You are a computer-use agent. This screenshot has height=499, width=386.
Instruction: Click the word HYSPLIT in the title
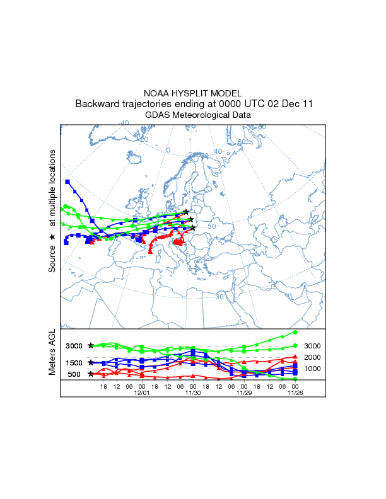pos(193,93)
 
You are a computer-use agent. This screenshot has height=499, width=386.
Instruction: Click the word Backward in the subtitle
pos(98,104)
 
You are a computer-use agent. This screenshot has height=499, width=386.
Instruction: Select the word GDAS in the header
pos(157,115)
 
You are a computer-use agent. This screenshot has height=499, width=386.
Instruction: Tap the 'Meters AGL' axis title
pos(53,353)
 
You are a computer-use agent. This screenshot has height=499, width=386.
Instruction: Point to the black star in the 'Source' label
pos(53,238)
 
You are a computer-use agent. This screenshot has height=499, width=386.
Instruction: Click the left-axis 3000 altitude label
pos(74,346)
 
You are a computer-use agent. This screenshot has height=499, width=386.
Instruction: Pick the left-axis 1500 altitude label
pos(74,363)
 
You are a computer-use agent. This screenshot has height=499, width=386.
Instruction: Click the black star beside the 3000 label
pos(91,346)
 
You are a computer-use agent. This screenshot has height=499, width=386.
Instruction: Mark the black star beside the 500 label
pos(91,374)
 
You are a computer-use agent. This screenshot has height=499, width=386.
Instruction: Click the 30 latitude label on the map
pos(219,296)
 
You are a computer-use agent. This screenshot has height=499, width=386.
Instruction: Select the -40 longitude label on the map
pos(124,123)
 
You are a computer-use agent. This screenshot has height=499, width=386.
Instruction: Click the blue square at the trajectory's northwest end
pos(67,181)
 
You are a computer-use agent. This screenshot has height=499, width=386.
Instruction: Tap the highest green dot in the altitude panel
pos(295,332)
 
